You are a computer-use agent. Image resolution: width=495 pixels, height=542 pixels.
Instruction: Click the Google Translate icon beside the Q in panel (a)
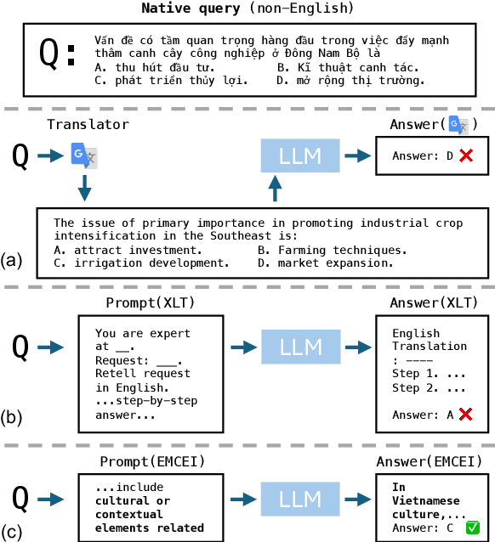click(82, 156)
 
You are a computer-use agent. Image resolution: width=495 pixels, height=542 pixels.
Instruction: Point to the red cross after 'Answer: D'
click(465, 155)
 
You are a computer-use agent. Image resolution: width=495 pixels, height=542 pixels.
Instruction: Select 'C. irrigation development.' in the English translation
click(141, 263)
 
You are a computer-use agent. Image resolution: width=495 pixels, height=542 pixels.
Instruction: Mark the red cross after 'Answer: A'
click(465, 414)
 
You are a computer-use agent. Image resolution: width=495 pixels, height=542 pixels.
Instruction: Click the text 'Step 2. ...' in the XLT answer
click(429, 388)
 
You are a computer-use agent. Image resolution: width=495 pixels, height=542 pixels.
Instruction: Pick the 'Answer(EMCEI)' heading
click(435, 460)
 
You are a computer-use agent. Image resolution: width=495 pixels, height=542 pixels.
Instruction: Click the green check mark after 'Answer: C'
click(473, 528)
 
